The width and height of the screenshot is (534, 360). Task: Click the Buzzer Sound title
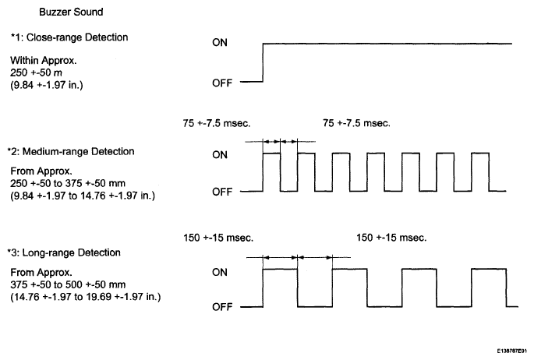(x=71, y=12)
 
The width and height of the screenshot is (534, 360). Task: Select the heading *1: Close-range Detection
(x=69, y=37)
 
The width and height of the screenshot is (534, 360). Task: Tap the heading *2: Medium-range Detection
(x=71, y=151)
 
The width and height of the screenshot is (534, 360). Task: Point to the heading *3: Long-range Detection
(x=64, y=252)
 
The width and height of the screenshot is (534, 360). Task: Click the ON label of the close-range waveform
(x=220, y=43)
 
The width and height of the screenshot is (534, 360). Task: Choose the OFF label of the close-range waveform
(x=222, y=83)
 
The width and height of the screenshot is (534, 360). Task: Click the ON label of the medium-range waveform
(x=220, y=155)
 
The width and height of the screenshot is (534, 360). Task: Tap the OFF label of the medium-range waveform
(x=222, y=192)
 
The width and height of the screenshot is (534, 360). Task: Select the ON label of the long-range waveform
(x=220, y=272)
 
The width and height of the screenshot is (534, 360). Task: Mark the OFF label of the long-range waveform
(x=222, y=307)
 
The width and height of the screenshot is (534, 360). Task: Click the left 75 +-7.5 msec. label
(x=217, y=123)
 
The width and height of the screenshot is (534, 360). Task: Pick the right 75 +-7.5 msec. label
(x=356, y=123)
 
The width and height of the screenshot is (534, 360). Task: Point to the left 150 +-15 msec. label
(x=218, y=238)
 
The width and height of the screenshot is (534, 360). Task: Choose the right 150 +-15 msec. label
(x=391, y=238)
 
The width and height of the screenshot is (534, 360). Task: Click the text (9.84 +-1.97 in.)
(x=47, y=85)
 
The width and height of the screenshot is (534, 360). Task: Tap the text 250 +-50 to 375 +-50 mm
(x=68, y=183)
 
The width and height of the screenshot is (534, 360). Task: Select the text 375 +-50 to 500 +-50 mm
(x=68, y=284)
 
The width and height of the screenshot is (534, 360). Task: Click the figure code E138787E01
(x=512, y=351)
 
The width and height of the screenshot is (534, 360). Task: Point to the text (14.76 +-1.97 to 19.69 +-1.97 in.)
(x=86, y=297)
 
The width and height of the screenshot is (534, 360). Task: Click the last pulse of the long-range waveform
(x=489, y=269)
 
